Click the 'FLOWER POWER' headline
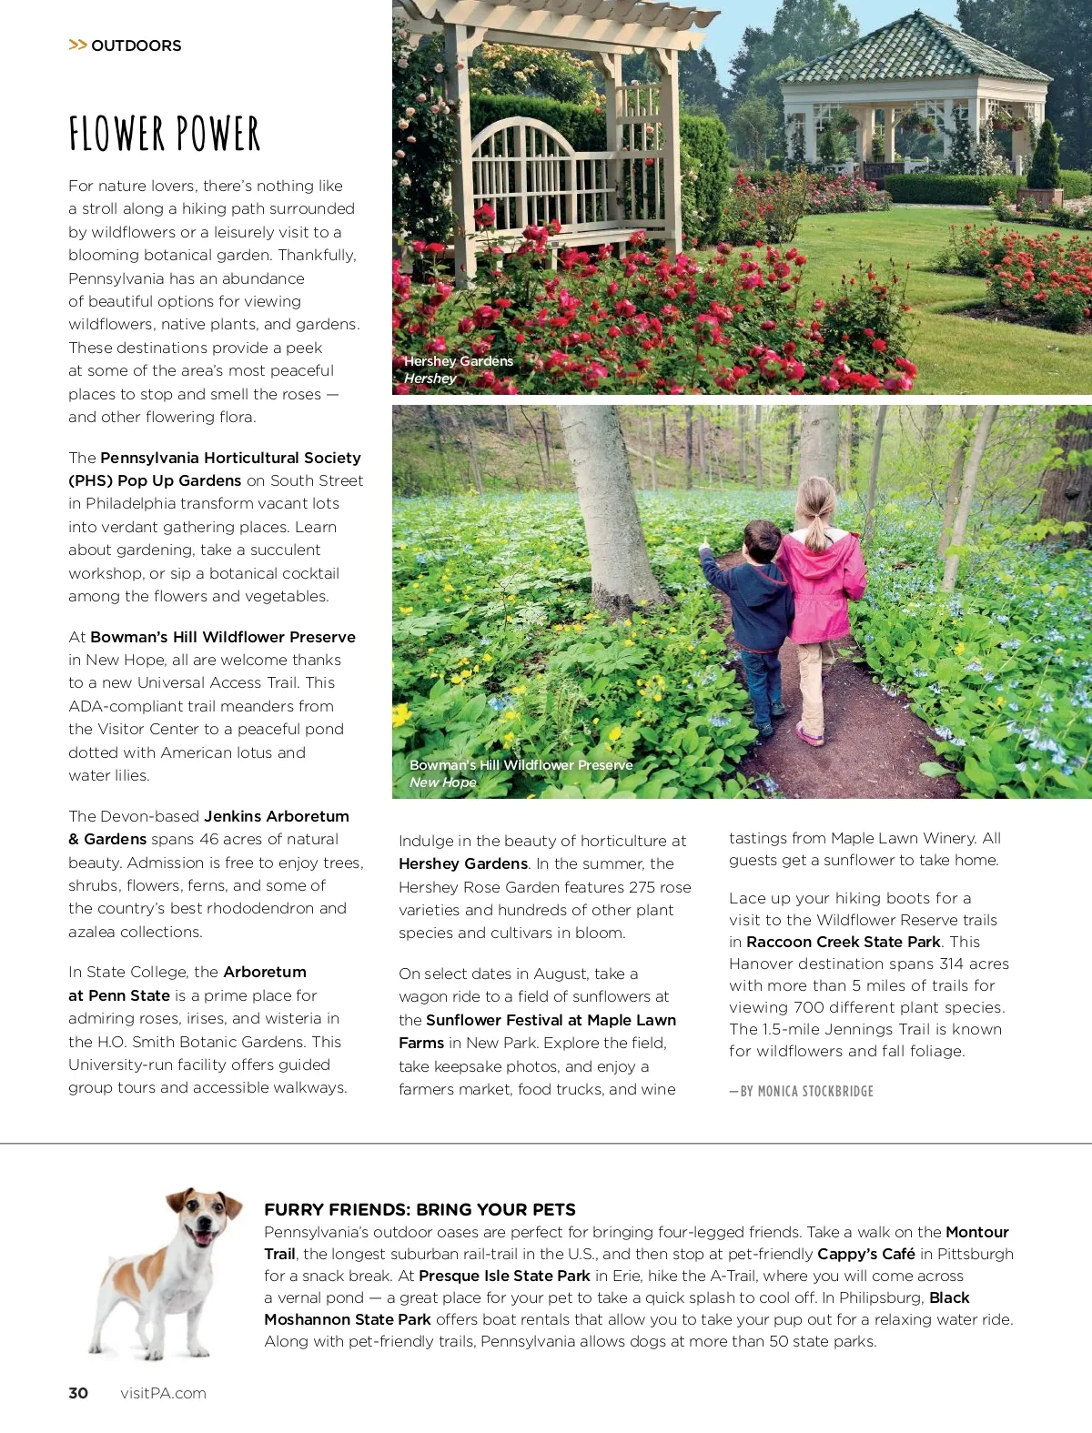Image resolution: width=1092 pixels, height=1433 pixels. pos(165,134)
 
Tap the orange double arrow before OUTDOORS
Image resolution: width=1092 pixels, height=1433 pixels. pos(77,45)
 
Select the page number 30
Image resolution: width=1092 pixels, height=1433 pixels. pos(78,1393)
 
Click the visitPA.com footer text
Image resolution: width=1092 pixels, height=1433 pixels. pos(163,1393)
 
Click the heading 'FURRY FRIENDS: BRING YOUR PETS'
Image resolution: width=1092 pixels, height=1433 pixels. pos(420,1209)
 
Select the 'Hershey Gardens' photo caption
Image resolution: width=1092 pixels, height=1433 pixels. pos(459,361)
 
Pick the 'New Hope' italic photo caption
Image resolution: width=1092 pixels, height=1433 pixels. pos(443,782)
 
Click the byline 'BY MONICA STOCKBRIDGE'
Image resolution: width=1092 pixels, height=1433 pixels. pos(806,1091)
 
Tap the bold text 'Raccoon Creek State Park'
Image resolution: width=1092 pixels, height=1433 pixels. pos(844,942)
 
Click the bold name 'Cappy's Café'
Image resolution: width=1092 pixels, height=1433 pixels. pos(865,1254)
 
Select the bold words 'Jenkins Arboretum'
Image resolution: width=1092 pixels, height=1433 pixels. pos(277,816)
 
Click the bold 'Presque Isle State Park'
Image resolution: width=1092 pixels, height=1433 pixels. pos(504,1276)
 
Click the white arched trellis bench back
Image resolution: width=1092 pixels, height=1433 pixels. pos(525,150)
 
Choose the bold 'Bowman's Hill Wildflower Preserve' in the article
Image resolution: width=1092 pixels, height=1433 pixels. pos(223,637)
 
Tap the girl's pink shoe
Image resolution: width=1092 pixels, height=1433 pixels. pos(810,732)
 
